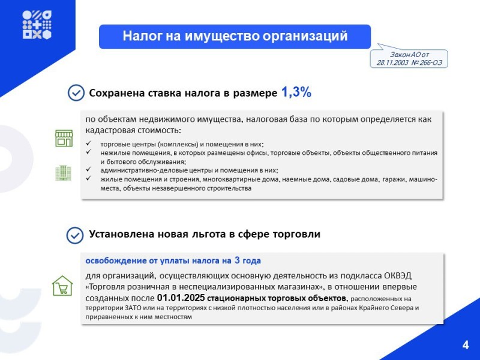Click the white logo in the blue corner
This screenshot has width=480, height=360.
coord(37,25)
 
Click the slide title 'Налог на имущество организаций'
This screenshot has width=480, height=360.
coord(235,36)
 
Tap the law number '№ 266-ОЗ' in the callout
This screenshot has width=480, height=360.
coord(427,62)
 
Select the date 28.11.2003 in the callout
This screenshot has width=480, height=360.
coord(392,62)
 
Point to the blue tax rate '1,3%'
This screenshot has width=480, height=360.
coord(296,92)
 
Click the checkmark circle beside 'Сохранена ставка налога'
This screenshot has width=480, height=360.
coord(76,93)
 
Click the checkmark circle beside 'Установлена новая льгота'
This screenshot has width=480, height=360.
coord(74,235)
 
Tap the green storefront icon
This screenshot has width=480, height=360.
coord(64,139)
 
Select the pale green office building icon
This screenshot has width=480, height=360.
coord(64,173)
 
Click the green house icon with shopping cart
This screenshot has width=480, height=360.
coord(62,286)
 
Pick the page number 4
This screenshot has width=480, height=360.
coord(466,345)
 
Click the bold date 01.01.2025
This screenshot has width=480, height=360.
coord(181,298)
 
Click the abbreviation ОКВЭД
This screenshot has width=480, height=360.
coord(397,275)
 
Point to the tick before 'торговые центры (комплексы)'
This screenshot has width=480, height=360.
coord(89,143)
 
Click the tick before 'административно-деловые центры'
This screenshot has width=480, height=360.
coord(89,169)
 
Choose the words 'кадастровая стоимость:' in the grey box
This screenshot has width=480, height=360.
coord(133,130)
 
